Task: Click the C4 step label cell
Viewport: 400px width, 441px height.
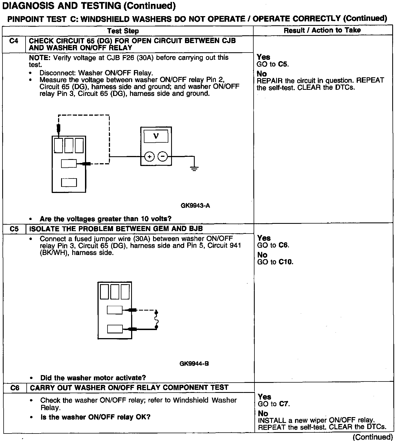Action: pos(14,41)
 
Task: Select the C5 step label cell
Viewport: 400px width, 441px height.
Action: pos(14,229)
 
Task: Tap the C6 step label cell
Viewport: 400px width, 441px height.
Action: pos(15,388)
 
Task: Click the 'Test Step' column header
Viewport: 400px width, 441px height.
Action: pos(123,31)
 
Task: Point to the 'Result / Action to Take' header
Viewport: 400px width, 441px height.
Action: pos(322,30)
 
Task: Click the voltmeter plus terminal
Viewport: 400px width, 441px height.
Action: pos(149,157)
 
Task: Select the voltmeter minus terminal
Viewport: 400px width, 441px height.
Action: pos(162,157)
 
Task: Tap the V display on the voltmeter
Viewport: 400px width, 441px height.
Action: pos(156,136)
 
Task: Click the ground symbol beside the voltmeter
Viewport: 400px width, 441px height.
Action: pos(194,168)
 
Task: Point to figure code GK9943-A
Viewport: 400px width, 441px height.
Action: pos(195,206)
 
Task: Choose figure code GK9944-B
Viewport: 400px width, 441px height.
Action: pos(194,363)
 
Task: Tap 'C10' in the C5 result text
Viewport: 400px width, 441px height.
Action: pos(286,262)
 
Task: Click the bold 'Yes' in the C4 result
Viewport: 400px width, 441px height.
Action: pos(263,57)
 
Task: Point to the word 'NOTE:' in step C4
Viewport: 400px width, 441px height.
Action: pos(40,58)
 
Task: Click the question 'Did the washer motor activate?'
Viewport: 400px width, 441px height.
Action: pos(93,378)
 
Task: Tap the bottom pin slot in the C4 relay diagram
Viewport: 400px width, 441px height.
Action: pos(69,182)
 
